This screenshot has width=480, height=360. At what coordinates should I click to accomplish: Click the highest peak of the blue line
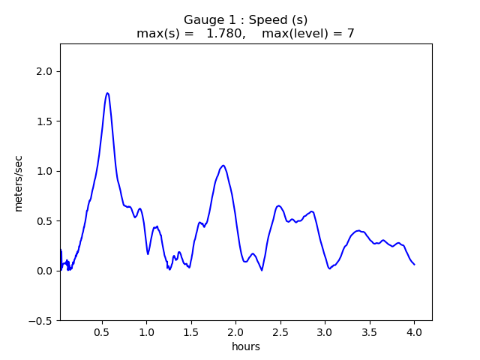pos(107,93)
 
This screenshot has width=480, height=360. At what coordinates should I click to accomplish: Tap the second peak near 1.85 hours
pos(223,166)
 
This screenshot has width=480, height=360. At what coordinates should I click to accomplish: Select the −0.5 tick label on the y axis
pos(43,321)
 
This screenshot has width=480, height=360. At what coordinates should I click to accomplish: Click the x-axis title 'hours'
pos(246,346)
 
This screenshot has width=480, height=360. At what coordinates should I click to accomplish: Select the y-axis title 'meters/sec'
pos(19,182)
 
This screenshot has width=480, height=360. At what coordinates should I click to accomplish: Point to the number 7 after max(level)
pos(350,34)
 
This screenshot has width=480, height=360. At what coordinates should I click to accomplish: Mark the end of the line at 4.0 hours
pos(414,264)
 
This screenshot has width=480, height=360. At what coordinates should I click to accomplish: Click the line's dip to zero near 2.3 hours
pos(262,270)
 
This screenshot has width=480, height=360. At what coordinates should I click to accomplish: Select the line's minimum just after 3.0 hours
pos(330,268)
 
